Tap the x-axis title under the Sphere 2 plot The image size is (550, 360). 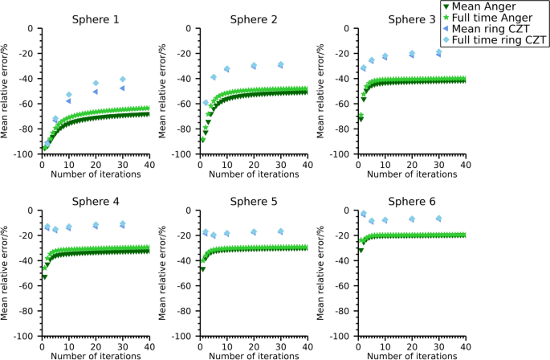(253, 174)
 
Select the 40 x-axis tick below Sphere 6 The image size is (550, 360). (464, 346)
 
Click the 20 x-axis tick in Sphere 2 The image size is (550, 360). (253, 164)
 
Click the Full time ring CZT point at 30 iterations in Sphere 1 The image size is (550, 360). (122, 79)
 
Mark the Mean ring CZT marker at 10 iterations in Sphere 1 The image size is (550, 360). (68, 101)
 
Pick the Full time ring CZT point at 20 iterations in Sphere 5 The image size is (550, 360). (254, 231)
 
